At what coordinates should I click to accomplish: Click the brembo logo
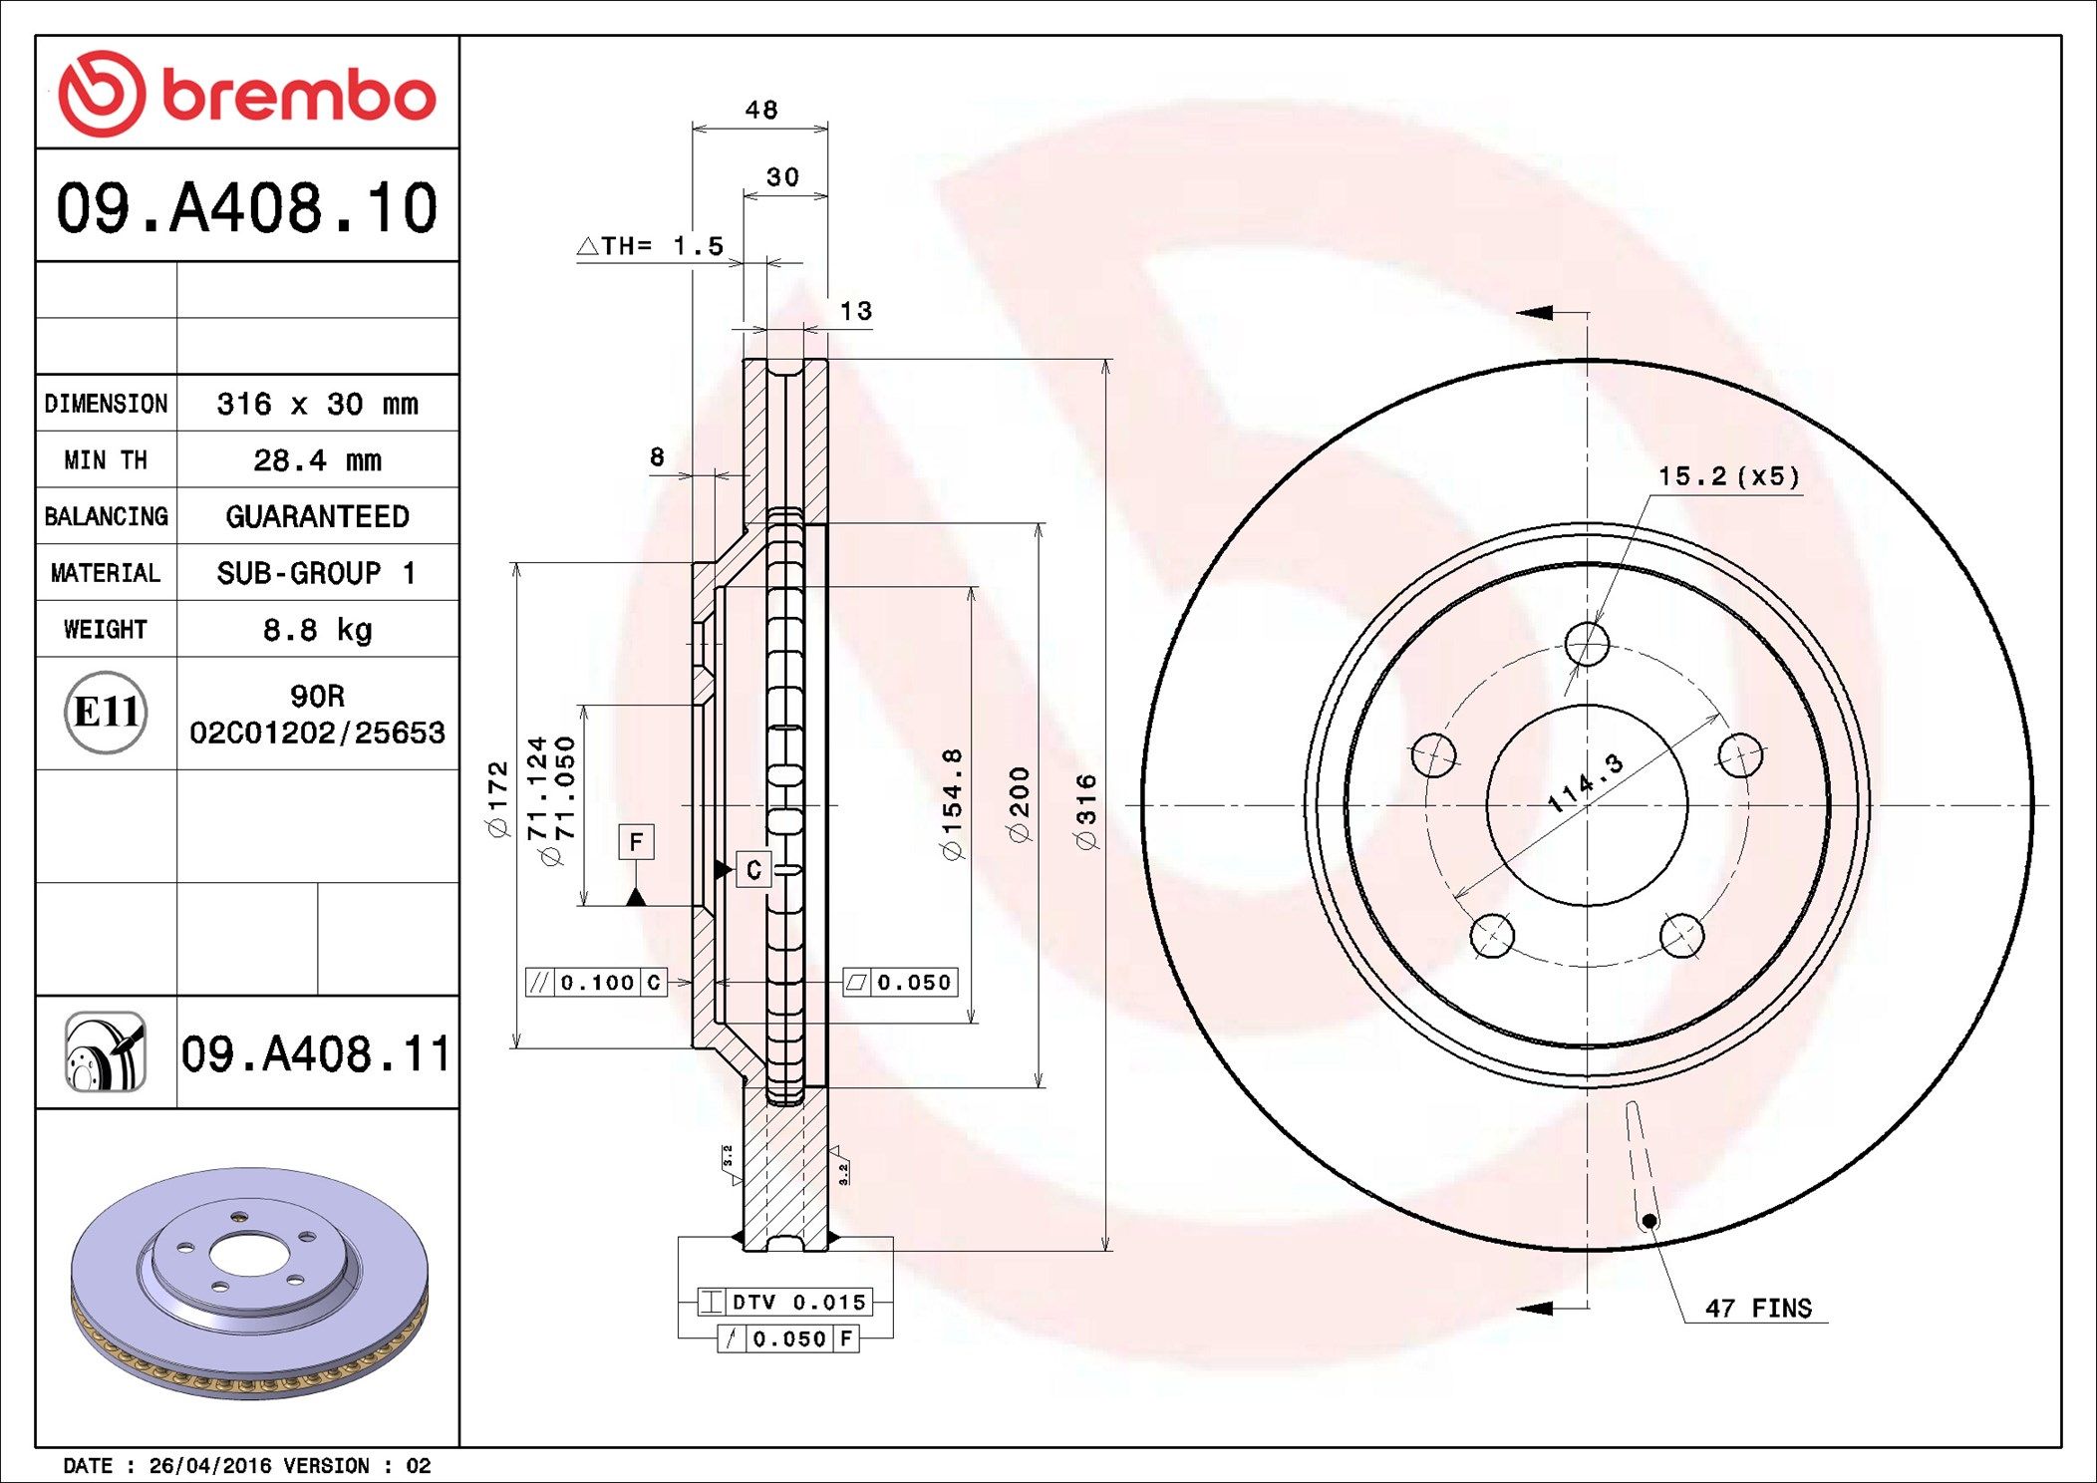[x=247, y=94]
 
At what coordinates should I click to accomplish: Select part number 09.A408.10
[x=246, y=208]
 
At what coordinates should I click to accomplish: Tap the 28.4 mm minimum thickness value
[x=317, y=460]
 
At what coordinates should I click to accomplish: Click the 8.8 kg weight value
[x=317, y=630]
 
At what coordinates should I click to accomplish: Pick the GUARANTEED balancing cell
[x=317, y=516]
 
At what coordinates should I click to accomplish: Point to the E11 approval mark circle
[x=106, y=713]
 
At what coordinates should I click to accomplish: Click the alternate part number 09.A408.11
[x=316, y=1054]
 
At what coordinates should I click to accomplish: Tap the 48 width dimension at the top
[x=761, y=110]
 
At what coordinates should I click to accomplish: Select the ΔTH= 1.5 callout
[x=651, y=245]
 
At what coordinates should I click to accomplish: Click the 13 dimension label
[x=856, y=311]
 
